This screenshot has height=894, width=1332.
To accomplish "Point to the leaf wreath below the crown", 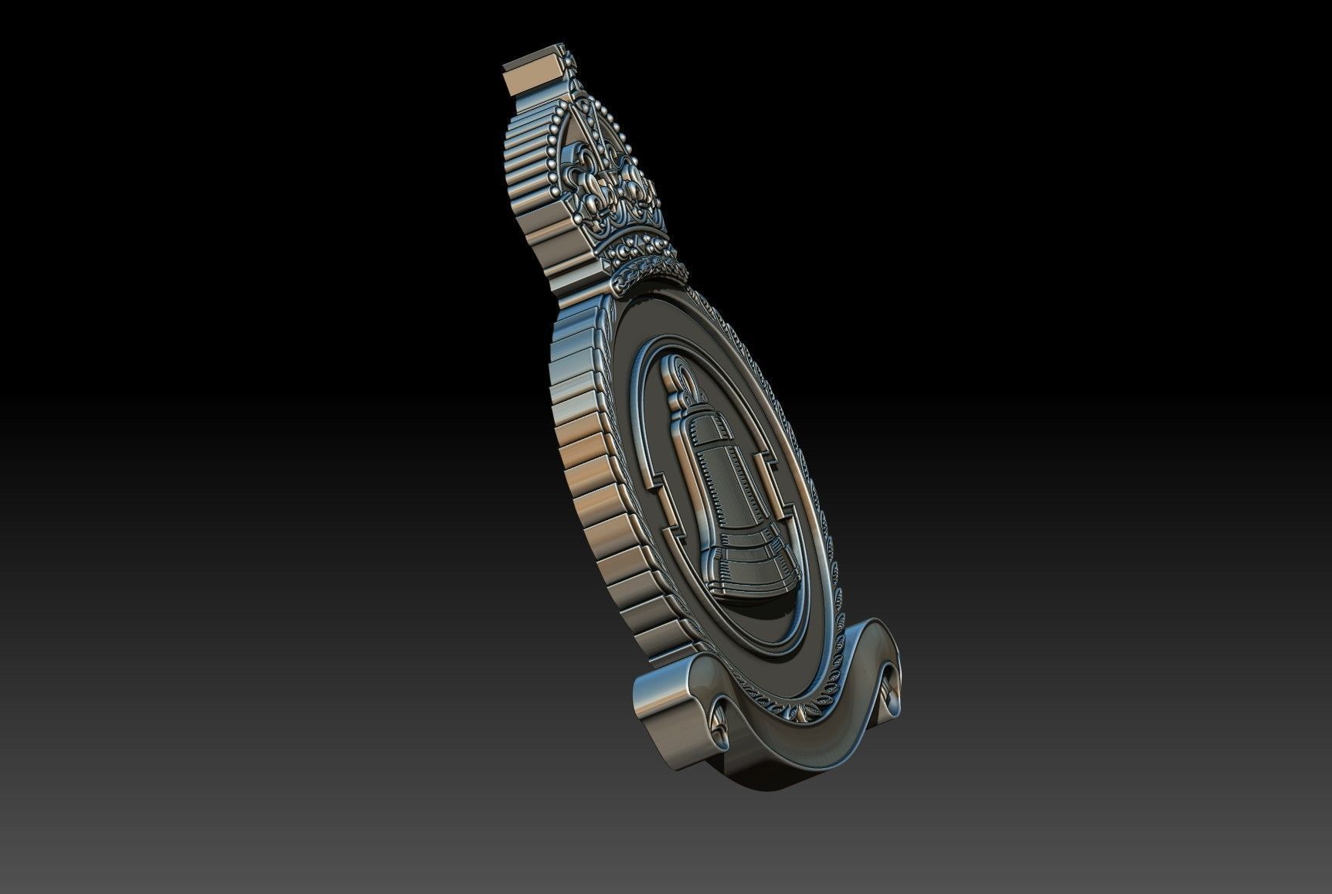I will [653, 270].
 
